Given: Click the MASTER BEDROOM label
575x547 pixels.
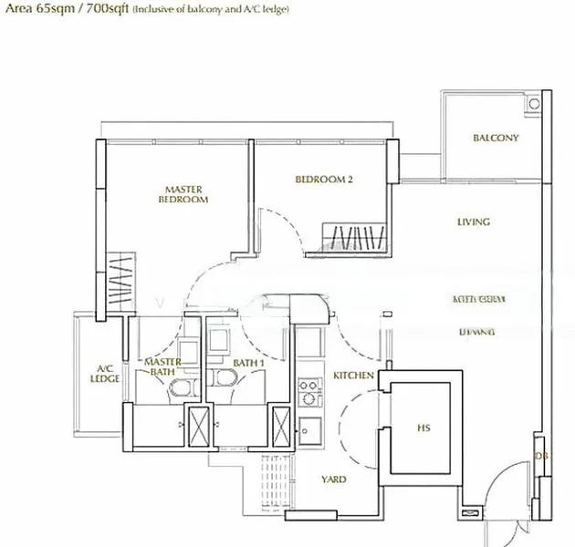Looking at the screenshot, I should pyautogui.click(x=183, y=194).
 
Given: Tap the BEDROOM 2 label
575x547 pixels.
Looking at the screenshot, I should pyautogui.click(x=324, y=180).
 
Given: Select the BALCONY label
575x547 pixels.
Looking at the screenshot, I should pyautogui.click(x=496, y=139).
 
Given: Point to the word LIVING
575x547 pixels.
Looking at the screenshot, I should pyautogui.click(x=474, y=222).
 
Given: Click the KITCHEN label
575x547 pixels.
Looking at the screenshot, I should pyautogui.click(x=352, y=376).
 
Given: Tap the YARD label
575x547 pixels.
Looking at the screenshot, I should pyautogui.click(x=333, y=479).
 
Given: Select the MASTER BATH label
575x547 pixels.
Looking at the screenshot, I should pyautogui.click(x=163, y=367).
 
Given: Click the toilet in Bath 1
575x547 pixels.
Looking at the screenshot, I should pyautogui.click(x=225, y=383).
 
